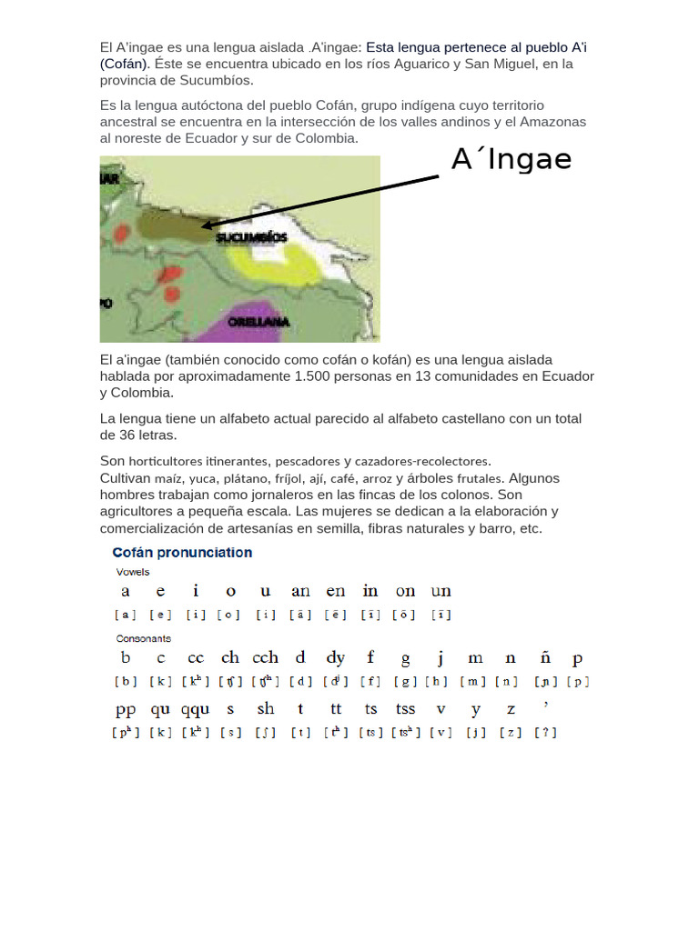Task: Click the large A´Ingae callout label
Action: (x=512, y=160)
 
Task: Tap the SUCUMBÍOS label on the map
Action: (x=251, y=237)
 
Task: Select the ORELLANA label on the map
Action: (x=258, y=322)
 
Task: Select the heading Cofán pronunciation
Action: (x=182, y=553)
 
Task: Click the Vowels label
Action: (x=133, y=572)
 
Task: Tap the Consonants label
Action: (x=143, y=638)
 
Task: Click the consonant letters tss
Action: (x=405, y=709)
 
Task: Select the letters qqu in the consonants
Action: (x=195, y=709)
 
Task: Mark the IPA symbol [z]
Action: (x=512, y=732)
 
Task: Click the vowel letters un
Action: (x=441, y=591)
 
